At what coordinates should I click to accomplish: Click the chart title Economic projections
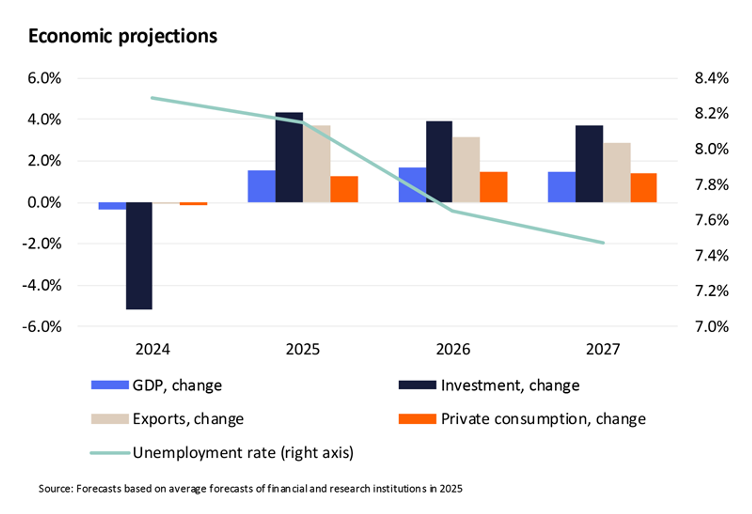123,36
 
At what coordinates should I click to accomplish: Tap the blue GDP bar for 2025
261,186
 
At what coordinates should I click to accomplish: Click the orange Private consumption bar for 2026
493,187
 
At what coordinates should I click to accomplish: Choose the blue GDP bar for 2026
412,185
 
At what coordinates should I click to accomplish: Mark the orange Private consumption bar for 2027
644,188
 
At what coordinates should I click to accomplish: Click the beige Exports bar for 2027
616,173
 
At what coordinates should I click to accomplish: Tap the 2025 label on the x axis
302,349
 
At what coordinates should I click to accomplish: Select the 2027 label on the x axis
603,349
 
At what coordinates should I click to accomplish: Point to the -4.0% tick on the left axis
42,285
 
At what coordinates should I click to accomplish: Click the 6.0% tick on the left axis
44,78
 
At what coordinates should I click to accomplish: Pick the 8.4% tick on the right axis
712,78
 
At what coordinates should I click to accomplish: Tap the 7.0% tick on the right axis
712,326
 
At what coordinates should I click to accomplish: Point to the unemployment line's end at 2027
603,243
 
